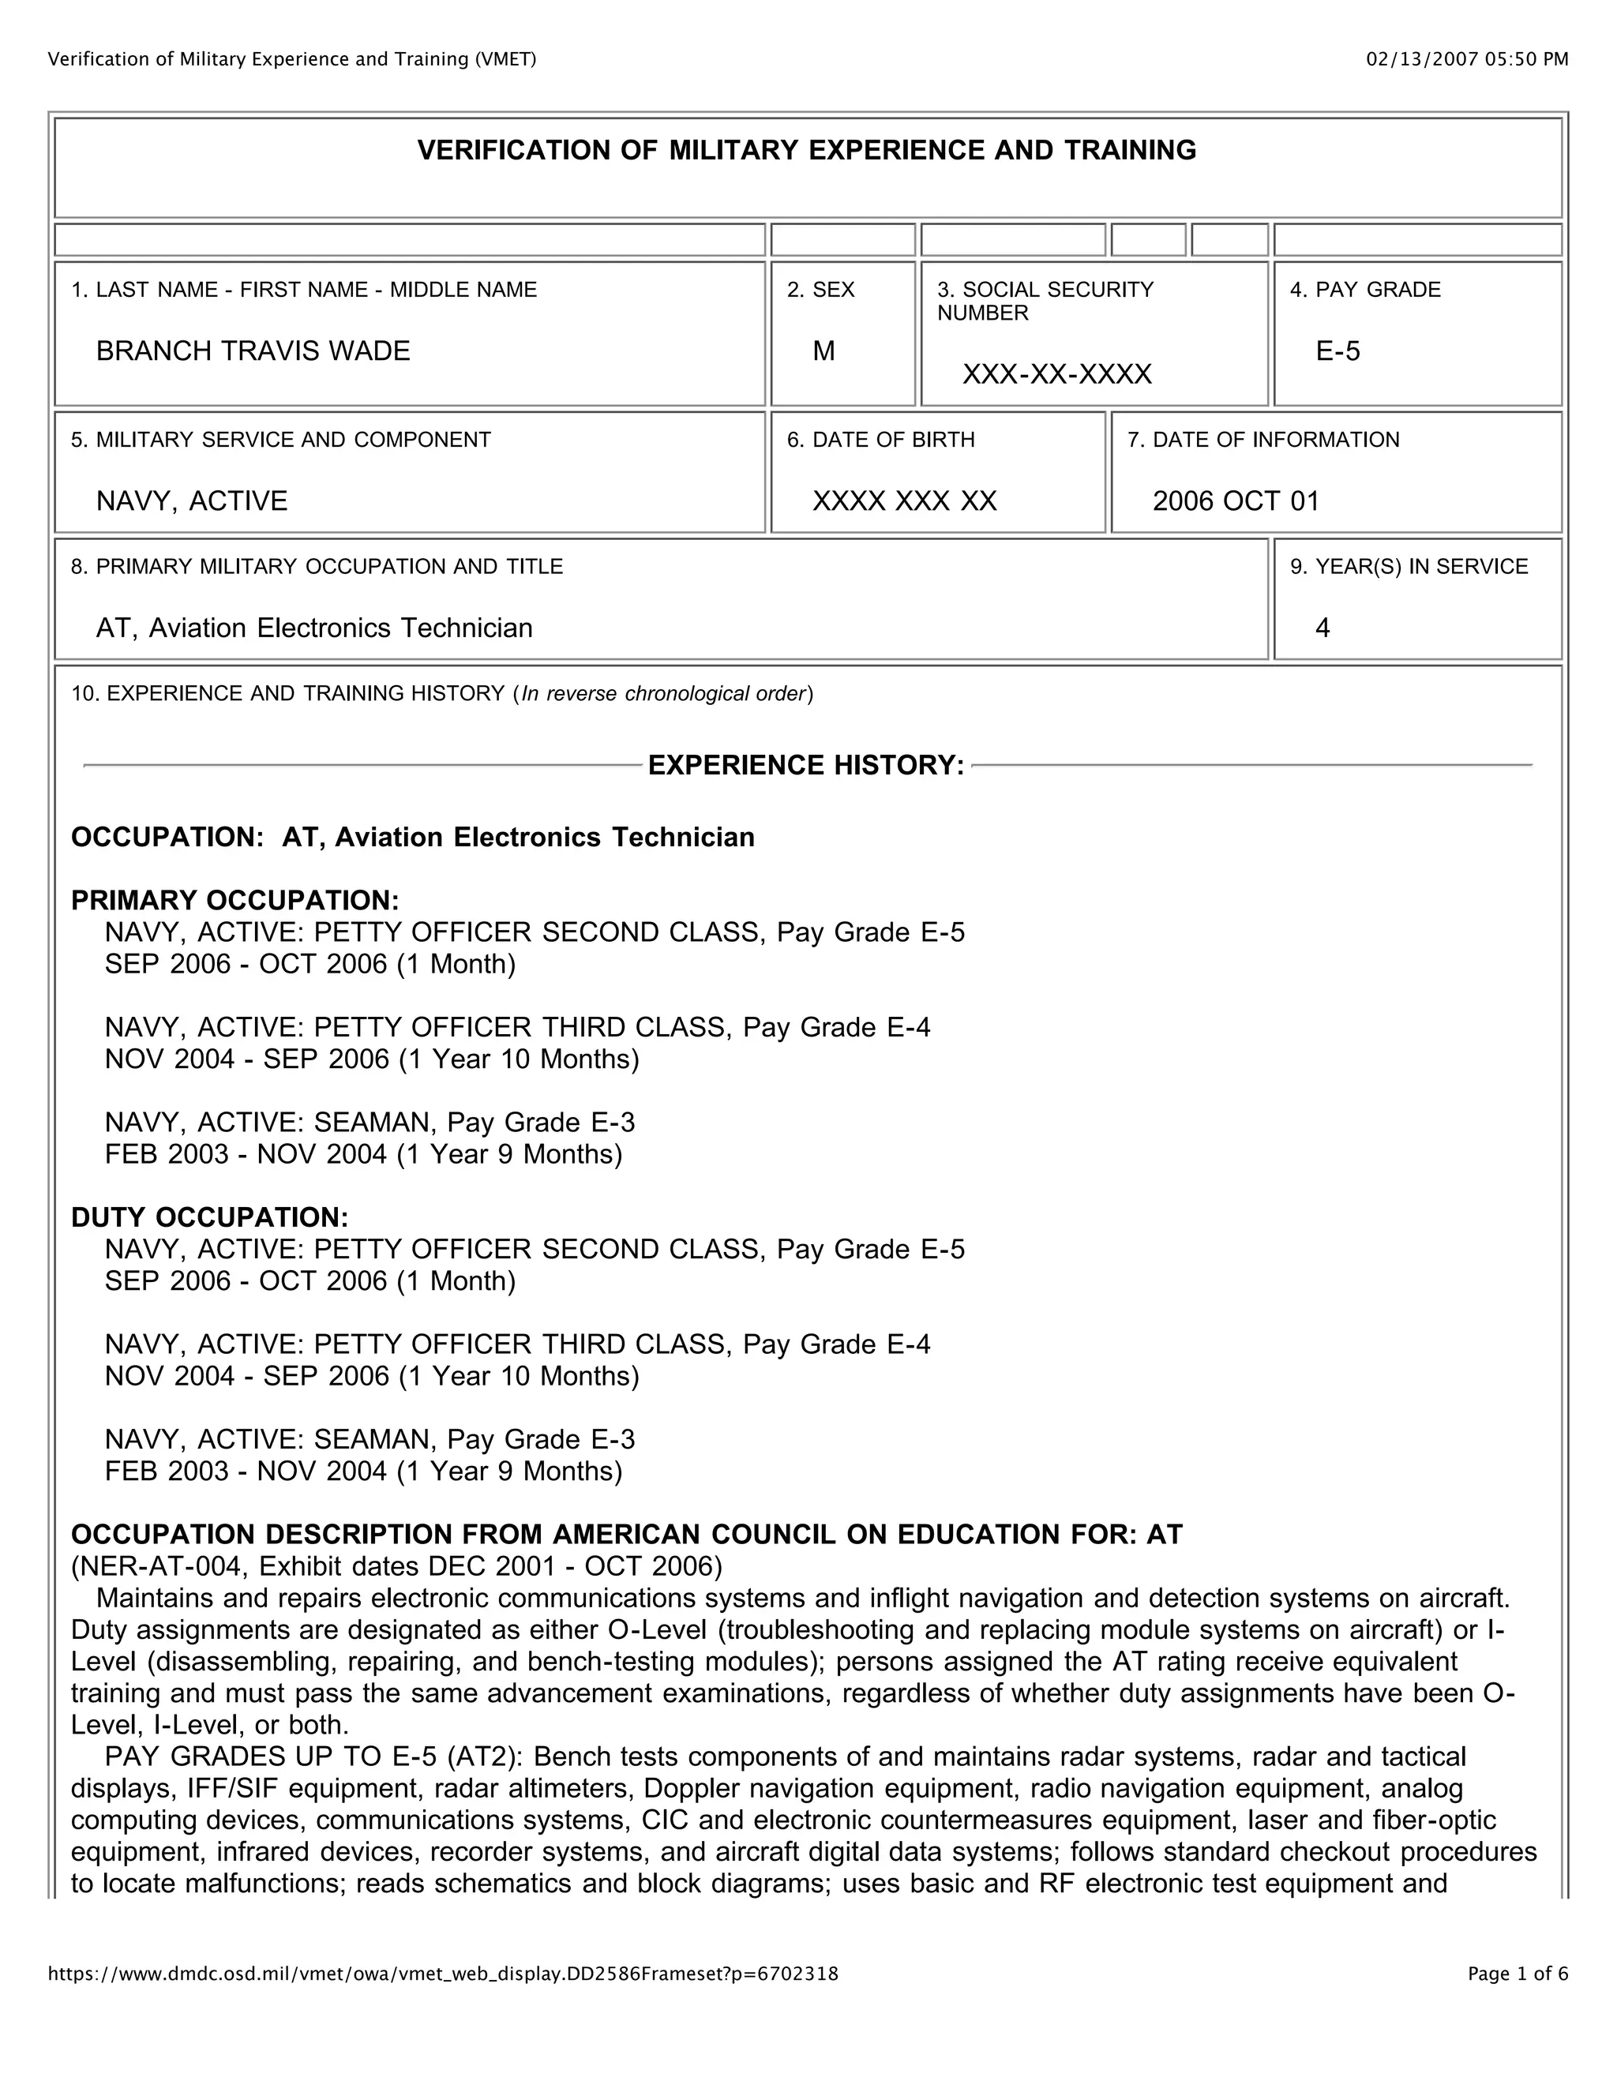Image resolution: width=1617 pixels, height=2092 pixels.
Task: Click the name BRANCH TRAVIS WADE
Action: pyautogui.click(x=253, y=351)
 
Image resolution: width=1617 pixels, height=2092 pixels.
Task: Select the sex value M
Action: pyautogui.click(x=824, y=351)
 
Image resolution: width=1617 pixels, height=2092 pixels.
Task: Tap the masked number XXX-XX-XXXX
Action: pyautogui.click(x=1056, y=374)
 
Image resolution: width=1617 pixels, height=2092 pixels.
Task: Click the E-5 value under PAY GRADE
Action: pyautogui.click(x=1337, y=351)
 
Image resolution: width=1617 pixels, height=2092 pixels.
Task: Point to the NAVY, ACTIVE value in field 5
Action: pyautogui.click(x=192, y=501)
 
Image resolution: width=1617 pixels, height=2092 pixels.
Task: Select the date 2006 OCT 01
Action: pyautogui.click(x=1236, y=501)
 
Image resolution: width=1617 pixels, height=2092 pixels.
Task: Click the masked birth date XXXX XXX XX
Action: pyautogui.click(x=904, y=501)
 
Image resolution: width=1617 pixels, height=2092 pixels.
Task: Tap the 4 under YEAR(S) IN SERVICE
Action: pyautogui.click(x=1323, y=628)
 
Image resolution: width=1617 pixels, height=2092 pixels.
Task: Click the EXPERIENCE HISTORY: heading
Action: pyautogui.click(x=805, y=765)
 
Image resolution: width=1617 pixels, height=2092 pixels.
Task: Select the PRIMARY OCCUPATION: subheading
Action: pyautogui.click(x=234, y=901)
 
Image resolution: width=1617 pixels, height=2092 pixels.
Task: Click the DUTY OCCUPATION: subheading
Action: pyautogui.click(x=210, y=1217)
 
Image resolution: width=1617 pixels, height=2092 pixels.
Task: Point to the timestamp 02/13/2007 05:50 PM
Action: pyautogui.click(x=1467, y=59)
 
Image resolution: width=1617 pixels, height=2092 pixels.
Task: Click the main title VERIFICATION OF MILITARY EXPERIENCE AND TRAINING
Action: pyautogui.click(x=807, y=150)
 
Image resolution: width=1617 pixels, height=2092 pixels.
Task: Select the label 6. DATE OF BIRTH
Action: pyautogui.click(x=880, y=440)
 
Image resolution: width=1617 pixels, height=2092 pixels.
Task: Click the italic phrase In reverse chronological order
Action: pyautogui.click(x=663, y=693)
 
